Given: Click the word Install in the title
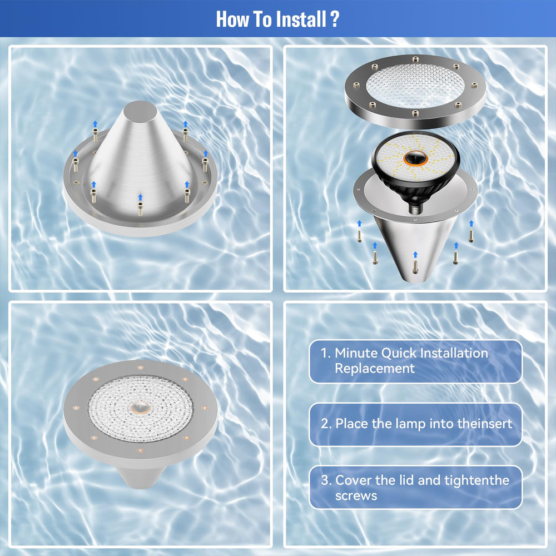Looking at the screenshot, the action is pyautogui.click(x=301, y=19).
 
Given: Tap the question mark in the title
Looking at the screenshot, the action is pyautogui.click(x=334, y=19).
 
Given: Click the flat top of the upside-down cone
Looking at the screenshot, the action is pyautogui.click(x=140, y=112).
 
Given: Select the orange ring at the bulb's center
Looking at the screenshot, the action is pyautogui.click(x=415, y=158).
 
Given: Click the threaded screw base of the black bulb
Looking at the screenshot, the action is pyautogui.click(x=415, y=208).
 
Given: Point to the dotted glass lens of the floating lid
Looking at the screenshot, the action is pyautogui.click(x=415, y=86).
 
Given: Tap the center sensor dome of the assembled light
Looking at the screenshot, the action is pyautogui.click(x=140, y=408).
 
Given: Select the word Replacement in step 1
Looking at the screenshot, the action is pyautogui.click(x=375, y=369).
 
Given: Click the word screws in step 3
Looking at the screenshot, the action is pyautogui.click(x=356, y=496).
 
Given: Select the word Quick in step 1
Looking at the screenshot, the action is pyautogui.click(x=399, y=354).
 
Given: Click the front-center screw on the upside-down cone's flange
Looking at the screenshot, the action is pyautogui.click(x=141, y=209).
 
